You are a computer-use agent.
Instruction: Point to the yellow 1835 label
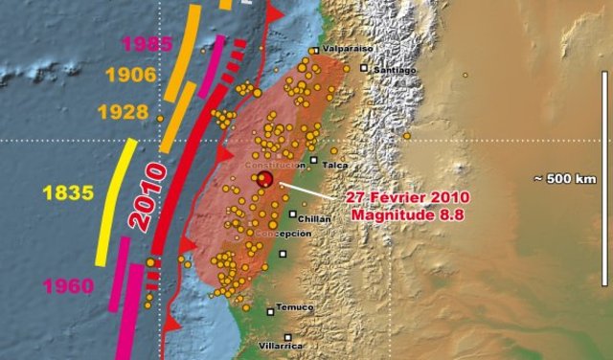click(67, 192)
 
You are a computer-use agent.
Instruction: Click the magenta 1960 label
click(68, 285)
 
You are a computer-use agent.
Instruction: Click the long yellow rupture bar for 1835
click(115, 201)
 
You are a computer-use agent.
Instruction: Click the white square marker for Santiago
click(363, 68)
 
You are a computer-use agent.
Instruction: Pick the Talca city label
click(335, 165)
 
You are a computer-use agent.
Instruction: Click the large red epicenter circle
click(265, 179)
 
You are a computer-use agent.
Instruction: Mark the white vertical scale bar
click(604, 178)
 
